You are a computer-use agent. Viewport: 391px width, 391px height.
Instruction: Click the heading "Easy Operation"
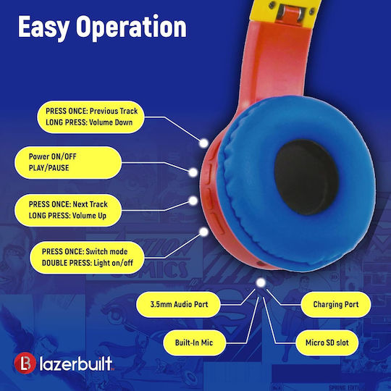(x=102, y=28)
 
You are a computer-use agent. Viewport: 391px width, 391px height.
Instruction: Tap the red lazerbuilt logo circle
(x=25, y=363)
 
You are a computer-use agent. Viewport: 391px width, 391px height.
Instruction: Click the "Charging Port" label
(x=336, y=304)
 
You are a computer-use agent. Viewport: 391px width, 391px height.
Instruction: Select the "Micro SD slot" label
(x=327, y=342)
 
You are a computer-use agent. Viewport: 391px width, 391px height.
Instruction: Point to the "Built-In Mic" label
(x=194, y=342)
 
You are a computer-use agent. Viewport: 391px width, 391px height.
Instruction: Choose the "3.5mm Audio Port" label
(x=179, y=304)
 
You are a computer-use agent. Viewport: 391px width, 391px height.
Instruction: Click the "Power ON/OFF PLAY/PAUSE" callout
(x=68, y=162)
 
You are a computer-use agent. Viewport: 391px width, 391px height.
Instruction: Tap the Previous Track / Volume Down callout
(x=91, y=117)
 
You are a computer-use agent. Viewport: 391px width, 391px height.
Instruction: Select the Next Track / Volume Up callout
(x=68, y=210)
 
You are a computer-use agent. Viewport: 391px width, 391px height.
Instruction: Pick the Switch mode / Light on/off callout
(x=87, y=257)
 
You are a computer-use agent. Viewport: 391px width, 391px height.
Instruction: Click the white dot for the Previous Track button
(x=203, y=143)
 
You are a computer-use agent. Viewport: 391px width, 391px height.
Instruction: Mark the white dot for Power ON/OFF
(x=193, y=172)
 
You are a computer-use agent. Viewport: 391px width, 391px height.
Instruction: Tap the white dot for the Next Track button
(x=193, y=201)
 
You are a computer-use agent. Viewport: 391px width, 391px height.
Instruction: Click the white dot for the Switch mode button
(x=204, y=232)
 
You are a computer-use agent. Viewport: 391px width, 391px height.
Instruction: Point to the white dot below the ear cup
(x=261, y=282)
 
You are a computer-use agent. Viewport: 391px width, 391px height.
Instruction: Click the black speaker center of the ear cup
(x=306, y=177)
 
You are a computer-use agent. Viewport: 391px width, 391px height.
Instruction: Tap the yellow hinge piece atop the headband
(x=285, y=11)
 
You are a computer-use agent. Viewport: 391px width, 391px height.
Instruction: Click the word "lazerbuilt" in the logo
(x=76, y=363)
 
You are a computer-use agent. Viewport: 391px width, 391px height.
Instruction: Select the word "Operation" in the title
(x=131, y=28)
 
